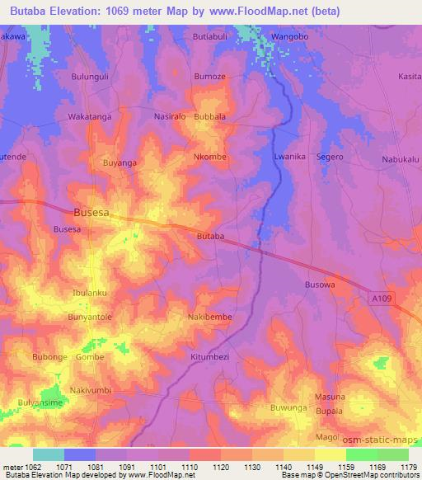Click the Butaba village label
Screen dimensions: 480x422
pyautogui.click(x=210, y=237)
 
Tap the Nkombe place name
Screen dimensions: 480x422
pyautogui.click(x=209, y=156)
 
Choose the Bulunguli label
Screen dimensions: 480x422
pyautogui.click(x=90, y=76)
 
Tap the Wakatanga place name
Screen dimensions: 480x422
pyautogui.click(x=90, y=117)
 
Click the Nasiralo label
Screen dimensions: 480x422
pyautogui.click(x=171, y=117)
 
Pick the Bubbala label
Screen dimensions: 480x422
pyautogui.click(x=209, y=117)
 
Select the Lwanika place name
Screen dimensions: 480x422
pyautogui.click(x=289, y=156)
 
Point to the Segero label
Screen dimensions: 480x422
pyautogui.click(x=330, y=156)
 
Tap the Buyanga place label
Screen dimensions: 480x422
pyautogui.click(x=120, y=163)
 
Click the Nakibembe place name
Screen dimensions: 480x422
pyautogui.click(x=210, y=317)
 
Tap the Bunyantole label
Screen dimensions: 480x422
pyautogui.click(x=90, y=317)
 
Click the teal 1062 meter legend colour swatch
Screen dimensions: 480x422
pyautogui.click(x=49, y=454)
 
